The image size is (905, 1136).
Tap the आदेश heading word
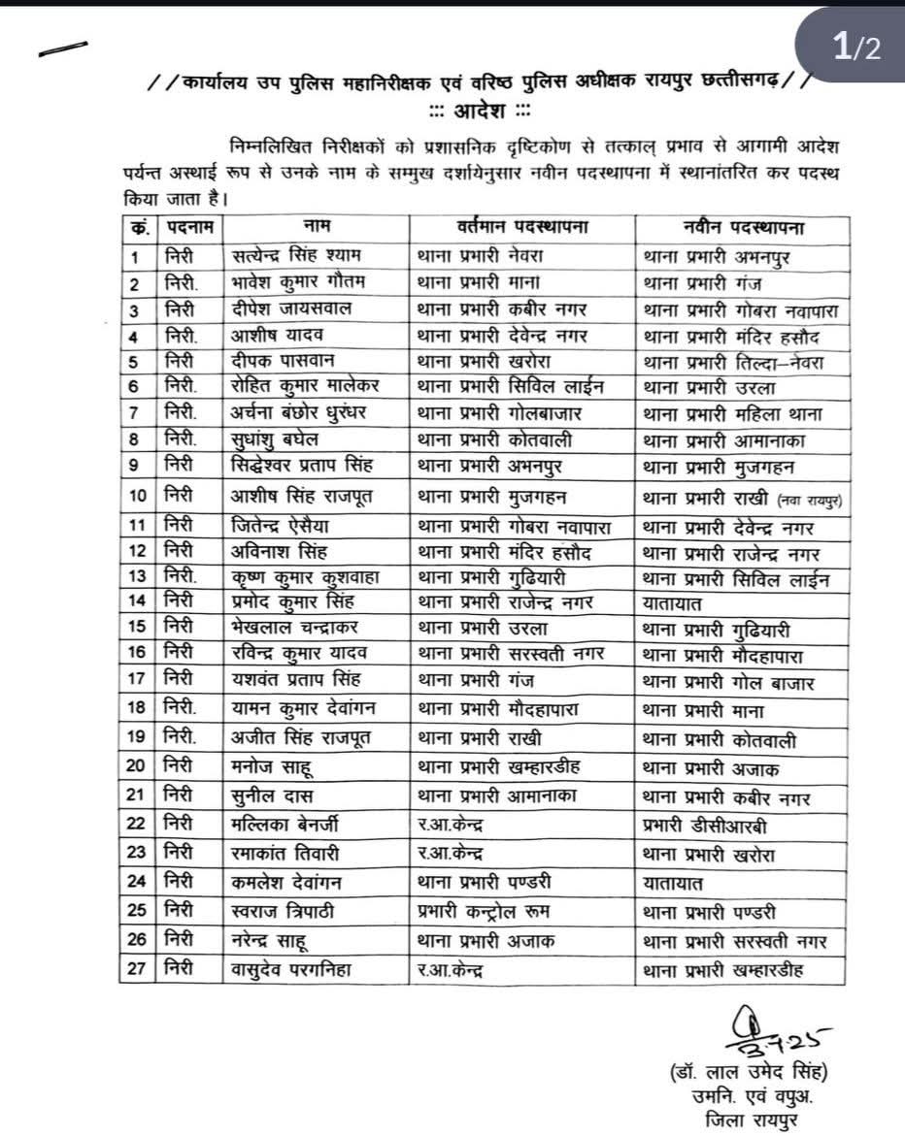click(482, 109)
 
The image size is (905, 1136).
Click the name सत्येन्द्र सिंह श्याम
click(296, 257)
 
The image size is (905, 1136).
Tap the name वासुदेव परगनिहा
click(292, 968)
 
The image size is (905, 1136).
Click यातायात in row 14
click(673, 602)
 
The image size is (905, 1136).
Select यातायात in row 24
click(673, 883)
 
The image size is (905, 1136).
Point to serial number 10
click(137, 496)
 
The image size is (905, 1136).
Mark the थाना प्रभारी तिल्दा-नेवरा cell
click(733, 362)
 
